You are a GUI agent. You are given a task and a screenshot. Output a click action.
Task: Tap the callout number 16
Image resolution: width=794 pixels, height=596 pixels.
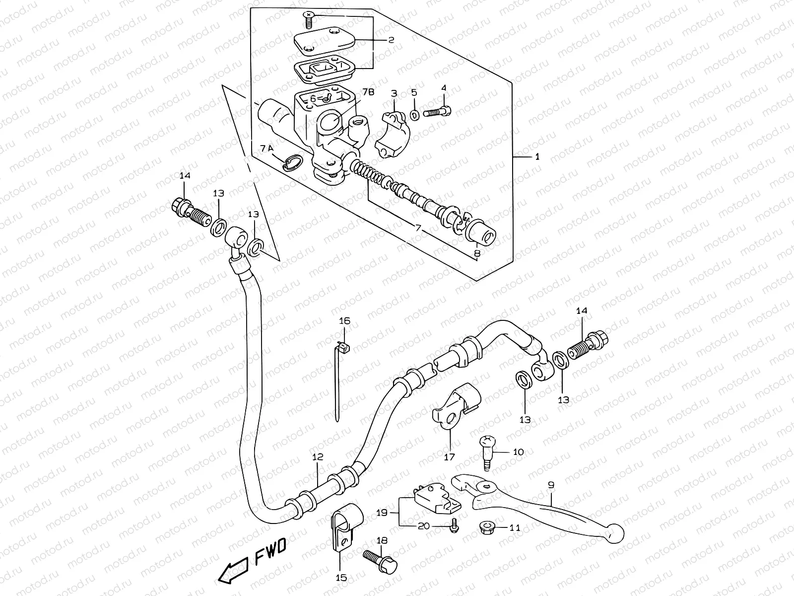344,321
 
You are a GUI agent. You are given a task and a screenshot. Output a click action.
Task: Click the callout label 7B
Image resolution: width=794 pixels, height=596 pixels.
368,92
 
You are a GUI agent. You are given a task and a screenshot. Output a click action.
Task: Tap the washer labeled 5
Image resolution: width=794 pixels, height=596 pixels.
415,115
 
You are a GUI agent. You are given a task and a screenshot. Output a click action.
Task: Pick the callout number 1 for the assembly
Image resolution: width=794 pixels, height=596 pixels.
537,157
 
